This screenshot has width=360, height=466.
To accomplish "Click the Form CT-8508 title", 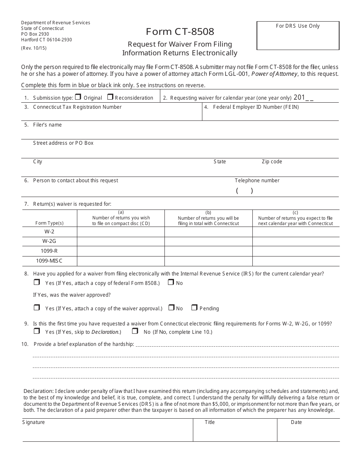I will coord(180,31).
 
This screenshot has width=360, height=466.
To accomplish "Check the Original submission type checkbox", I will coord(78,97).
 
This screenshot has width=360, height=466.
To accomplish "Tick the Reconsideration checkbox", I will coord(110,97).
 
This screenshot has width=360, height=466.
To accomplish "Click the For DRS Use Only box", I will coord(298,36).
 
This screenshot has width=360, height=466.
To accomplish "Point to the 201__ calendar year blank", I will coord(304,97).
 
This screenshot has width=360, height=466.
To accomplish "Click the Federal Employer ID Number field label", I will coord(256,107).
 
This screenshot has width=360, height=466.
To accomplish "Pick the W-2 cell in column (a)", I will coord(121,231).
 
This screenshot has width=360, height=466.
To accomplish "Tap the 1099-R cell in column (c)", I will coord(296,251).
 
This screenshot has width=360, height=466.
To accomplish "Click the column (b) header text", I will coord(208,218).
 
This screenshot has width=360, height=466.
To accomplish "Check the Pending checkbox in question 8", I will coord(194,308).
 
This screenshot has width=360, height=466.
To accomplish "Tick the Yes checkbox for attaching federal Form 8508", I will coord(37,282).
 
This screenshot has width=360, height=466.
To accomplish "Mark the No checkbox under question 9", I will coord(135,331).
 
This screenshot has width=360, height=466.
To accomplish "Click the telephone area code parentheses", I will coord(244,191).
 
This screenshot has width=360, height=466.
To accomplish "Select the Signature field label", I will coord(33,422).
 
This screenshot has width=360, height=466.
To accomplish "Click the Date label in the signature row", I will coord(296,422).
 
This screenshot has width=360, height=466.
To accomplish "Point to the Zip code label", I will coord(272,162).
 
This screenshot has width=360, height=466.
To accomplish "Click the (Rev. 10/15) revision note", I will coord(34,48).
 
